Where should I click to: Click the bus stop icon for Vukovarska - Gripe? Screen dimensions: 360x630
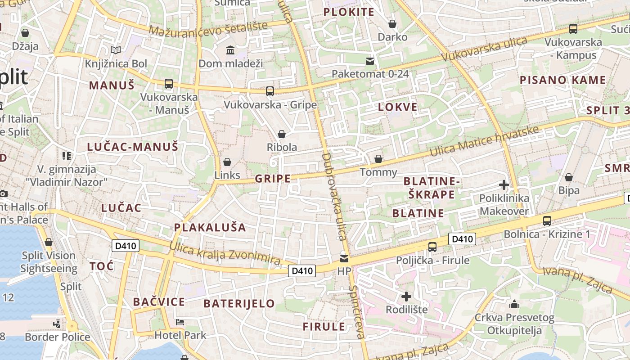click(270, 91)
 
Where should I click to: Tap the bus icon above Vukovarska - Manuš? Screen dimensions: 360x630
click(168, 83)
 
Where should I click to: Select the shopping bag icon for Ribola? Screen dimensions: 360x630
click(282, 134)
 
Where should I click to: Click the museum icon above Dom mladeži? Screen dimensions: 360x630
click(230, 49)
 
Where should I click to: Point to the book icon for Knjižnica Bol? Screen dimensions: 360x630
click(116, 50)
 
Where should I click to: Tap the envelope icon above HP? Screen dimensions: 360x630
click(344, 258)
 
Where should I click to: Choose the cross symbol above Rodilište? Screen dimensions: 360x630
click(406, 297)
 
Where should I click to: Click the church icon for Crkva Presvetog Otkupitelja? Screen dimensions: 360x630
click(514, 304)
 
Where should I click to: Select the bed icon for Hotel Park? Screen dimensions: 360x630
click(180, 322)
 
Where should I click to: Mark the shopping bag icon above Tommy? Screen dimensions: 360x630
click(378, 159)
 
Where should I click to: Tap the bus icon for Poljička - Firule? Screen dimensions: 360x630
click(432, 247)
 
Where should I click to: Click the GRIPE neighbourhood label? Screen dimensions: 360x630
click(273, 179)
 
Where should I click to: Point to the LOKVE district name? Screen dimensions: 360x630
click(398, 107)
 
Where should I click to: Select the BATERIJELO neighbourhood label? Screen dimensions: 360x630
click(239, 304)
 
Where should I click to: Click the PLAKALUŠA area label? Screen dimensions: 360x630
click(210, 228)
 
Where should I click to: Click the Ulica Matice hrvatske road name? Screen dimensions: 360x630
click(484, 141)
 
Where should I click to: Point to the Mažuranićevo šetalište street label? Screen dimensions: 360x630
click(208, 29)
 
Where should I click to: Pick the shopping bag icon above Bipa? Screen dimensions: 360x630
click(569, 177)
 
